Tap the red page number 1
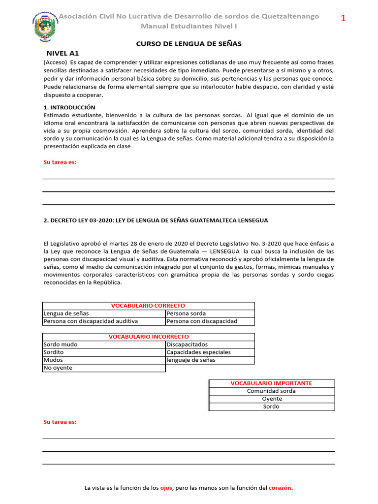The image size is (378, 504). (x=344, y=19)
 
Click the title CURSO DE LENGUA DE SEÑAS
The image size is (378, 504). (x=189, y=44)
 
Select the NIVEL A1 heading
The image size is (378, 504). (x=63, y=53)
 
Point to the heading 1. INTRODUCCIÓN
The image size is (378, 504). (x=69, y=107)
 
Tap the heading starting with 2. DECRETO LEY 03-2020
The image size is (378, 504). (x=156, y=220)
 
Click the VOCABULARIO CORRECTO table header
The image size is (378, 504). (x=148, y=306)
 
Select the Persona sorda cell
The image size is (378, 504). (x=187, y=314)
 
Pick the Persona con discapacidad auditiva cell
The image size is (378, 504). (x=91, y=321)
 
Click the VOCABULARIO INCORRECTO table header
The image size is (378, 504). (x=148, y=337)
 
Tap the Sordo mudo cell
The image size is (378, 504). (x=61, y=345)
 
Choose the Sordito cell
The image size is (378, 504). (x=54, y=352)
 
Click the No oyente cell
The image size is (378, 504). (x=58, y=368)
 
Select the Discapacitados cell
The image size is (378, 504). (x=187, y=345)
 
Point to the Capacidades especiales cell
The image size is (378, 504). (x=198, y=352)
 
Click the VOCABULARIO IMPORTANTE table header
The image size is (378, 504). (x=271, y=383)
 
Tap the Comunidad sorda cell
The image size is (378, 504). (x=271, y=391)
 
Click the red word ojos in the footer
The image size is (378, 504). (x=166, y=488)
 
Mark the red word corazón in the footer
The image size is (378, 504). (x=281, y=488)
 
